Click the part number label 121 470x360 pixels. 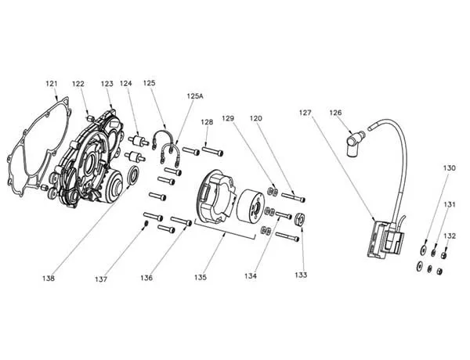point(51,84)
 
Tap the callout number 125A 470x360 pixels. point(195,96)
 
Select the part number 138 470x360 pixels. point(49,279)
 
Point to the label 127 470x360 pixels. point(305,113)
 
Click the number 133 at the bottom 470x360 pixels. point(301,275)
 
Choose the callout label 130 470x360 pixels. point(450,168)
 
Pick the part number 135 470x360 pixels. point(201,277)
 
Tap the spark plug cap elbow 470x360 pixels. point(353,143)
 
